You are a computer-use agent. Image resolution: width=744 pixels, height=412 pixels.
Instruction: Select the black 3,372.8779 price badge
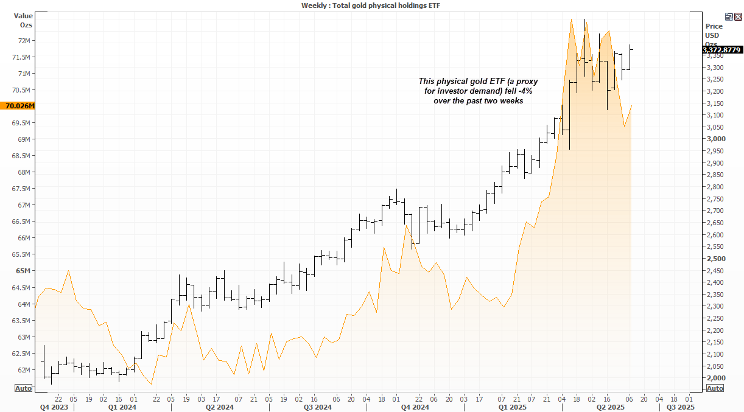(x=721, y=51)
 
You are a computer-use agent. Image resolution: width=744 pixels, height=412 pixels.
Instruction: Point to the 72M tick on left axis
(x=25, y=41)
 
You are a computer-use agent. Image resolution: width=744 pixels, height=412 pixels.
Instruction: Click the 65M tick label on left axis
(x=25, y=271)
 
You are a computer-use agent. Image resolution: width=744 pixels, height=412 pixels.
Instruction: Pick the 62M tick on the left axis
(x=25, y=369)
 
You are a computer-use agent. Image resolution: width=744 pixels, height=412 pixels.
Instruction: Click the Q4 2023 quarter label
(x=54, y=407)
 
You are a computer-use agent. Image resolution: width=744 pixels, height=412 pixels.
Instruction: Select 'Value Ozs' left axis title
(x=24, y=21)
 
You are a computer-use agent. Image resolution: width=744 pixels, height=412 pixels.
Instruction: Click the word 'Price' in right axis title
(x=714, y=26)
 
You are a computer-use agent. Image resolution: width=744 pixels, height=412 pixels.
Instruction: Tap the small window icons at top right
(x=733, y=17)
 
